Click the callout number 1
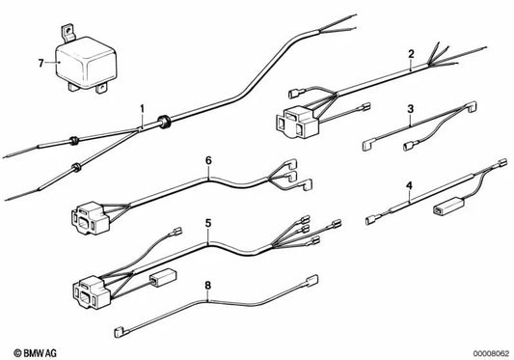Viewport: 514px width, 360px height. click(x=142, y=109)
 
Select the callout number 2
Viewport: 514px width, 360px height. click(x=411, y=54)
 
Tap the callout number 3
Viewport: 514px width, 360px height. click(x=411, y=109)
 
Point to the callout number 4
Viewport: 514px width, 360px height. click(x=409, y=186)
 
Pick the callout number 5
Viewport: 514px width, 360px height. click(x=208, y=224)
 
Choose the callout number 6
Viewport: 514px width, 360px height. click(x=208, y=161)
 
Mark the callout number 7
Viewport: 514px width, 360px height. click(x=41, y=63)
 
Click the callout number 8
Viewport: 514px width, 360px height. click(x=208, y=286)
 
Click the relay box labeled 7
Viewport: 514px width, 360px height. click(x=86, y=63)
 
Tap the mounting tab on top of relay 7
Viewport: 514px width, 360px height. click(x=68, y=33)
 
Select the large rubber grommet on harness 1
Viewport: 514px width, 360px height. click(x=163, y=122)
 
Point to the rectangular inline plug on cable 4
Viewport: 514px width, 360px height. click(x=446, y=208)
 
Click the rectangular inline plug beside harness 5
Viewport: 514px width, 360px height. click(x=163, y=278)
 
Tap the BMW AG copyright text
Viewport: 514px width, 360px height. click(x=35, y=353)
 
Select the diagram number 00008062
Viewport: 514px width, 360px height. click(x=491, y=354)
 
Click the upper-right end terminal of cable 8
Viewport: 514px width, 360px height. click(x=311, y=281)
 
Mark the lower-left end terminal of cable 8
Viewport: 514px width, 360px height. click(x=120, y=332)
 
